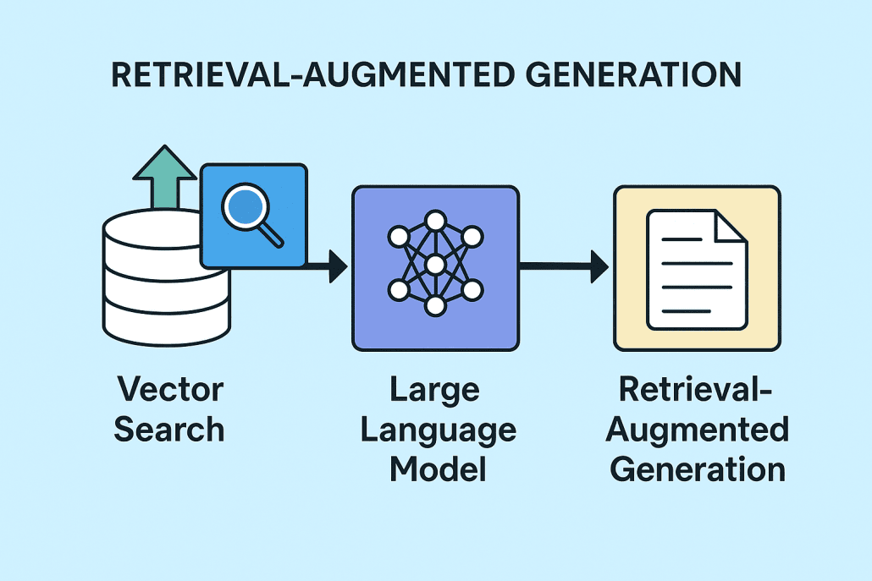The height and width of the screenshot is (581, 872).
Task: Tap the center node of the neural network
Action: point(435,266)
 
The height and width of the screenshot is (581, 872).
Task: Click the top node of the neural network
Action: point(435,222)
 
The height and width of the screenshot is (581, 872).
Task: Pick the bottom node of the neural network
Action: point(435,306)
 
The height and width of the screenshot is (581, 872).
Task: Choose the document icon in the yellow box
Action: point(696,269)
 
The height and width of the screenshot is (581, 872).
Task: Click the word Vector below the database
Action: point(170,390)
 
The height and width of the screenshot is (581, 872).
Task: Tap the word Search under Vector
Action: point(169,429)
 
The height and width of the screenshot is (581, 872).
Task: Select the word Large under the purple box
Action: point(435,391)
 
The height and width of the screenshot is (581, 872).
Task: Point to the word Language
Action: point(438,430)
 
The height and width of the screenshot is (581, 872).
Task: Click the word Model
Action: point(438,468)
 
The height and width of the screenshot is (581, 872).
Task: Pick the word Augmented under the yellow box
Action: point(697,430)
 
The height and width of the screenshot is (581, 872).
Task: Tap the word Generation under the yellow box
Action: point(697,468)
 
